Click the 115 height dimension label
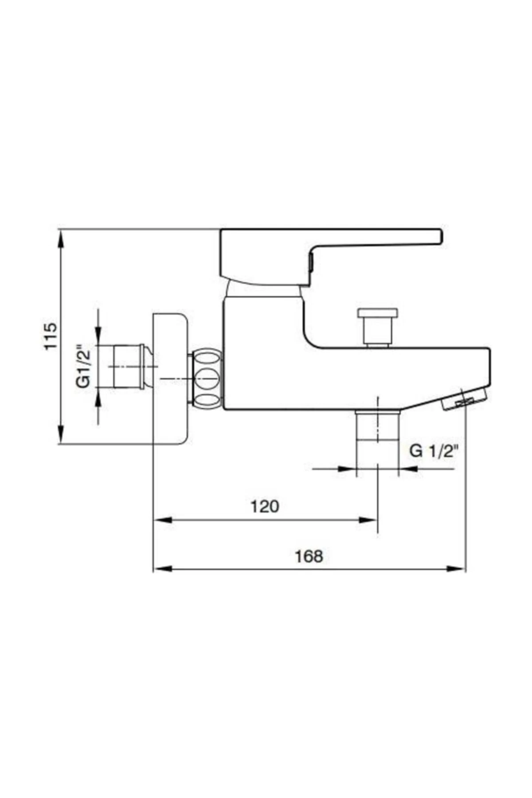click(x=51, y=336)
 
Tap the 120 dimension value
click(x=265, y=506)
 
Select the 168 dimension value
click(x=309, y=556)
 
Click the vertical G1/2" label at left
click(x=83, y=366)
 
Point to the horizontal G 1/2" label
click(x=433, y=451)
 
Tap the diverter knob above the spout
click(x=378, y=326)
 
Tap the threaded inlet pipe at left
click(x=129, y=367)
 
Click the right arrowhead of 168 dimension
click(x=457, y=568)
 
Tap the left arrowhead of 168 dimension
click(x=162, y=568)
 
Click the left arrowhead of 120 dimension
click(x=162, y=520)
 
